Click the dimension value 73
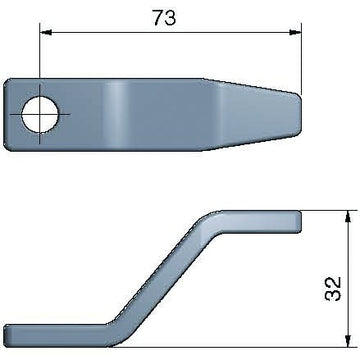click(164, 18)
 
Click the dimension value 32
click(333, 289)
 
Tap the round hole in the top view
click(41, 114)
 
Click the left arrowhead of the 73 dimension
click(46, 32)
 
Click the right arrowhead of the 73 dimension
click(295, 32)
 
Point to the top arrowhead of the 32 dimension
click(348, 217)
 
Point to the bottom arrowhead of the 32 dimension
click(348, 341)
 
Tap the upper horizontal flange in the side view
click(260, 221)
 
